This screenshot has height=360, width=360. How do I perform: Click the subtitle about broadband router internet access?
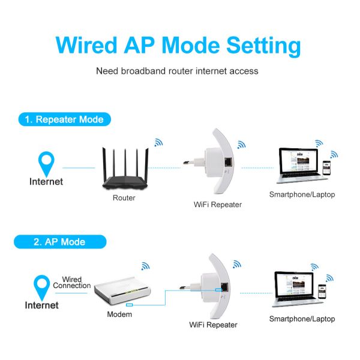pos(178,71)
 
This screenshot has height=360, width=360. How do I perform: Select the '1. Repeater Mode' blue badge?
pos(64,119)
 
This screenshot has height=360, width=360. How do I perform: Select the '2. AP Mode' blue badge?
pos(59,242)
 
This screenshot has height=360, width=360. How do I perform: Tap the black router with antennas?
pos(124,169)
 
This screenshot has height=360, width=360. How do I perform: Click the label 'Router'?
pos(124,197)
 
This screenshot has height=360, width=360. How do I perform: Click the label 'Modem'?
pos(119,314)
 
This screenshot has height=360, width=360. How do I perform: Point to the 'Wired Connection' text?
pos(72,283)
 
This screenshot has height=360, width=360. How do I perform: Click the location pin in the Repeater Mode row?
pos(46,163)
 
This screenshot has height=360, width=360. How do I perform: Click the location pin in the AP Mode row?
pos(42,286)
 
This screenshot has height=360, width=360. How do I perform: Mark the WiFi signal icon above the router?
pos(158,143)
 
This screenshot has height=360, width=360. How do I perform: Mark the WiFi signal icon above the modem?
pos(145,266)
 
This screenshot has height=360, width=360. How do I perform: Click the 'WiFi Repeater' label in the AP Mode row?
pos(213,325)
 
